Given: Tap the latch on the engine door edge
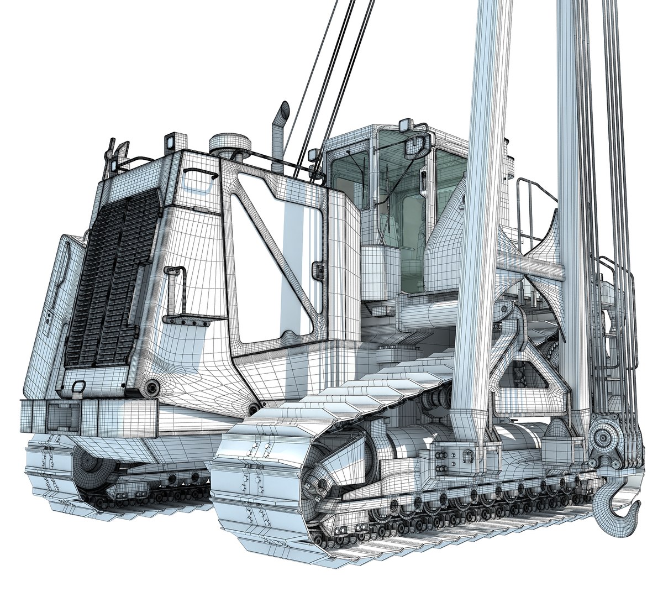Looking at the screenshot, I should [318, 270].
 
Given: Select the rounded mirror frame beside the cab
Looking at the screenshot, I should [418, 145].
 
